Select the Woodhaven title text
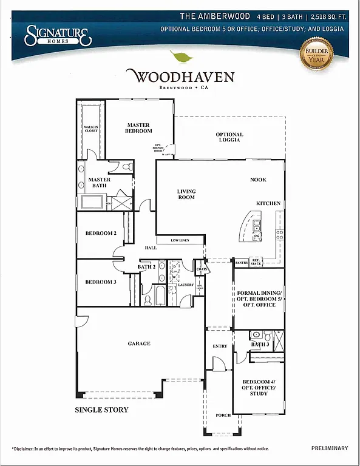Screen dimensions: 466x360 (x=180, y=77)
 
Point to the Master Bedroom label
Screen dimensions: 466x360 (x=138, y=128)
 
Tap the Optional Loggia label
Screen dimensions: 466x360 (x=229, y=137)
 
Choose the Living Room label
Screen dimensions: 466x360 (x=186, y=194)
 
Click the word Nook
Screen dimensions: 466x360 (x=258, y=180)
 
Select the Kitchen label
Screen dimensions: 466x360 (x=268, y=203)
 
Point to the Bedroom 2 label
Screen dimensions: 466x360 (x=100, y=234)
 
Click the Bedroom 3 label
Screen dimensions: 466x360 (x=100, y=282)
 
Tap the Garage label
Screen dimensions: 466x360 (x=138, y=343)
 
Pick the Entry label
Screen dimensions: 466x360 (x=220, y=346)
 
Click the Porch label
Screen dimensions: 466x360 (x=223, y=415)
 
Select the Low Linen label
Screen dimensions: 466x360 (x=180, y=240)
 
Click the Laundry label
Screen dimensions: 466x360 (x=186, y=284)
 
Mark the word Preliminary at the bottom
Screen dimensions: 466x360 (x=330, y=448)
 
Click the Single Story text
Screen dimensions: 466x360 (x=101, y=410)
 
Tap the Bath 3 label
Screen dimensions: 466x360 (x=259, y=345)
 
